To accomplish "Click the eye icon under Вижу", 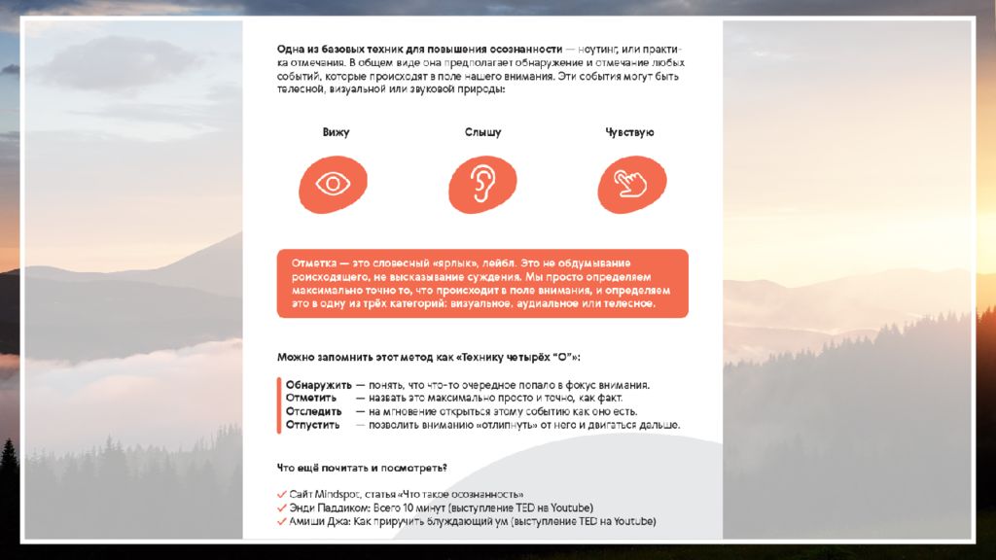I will click(334, 184).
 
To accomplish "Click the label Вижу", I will click(336, 132).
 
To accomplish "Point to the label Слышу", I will click(482, 132).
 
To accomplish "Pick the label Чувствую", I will click(629, 132).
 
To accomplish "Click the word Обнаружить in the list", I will click(318, 385).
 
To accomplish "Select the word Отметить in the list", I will click(311, 398).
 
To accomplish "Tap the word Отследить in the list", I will click(313, 411).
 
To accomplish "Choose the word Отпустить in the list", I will click(312, 425).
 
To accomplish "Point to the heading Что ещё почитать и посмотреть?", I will click(362, 469).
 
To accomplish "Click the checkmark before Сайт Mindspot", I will click(281, 494).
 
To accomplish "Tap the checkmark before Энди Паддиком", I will click(281, 507).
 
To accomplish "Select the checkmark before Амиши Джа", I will click(281, 521).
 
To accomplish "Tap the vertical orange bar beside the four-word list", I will click(279, 404).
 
